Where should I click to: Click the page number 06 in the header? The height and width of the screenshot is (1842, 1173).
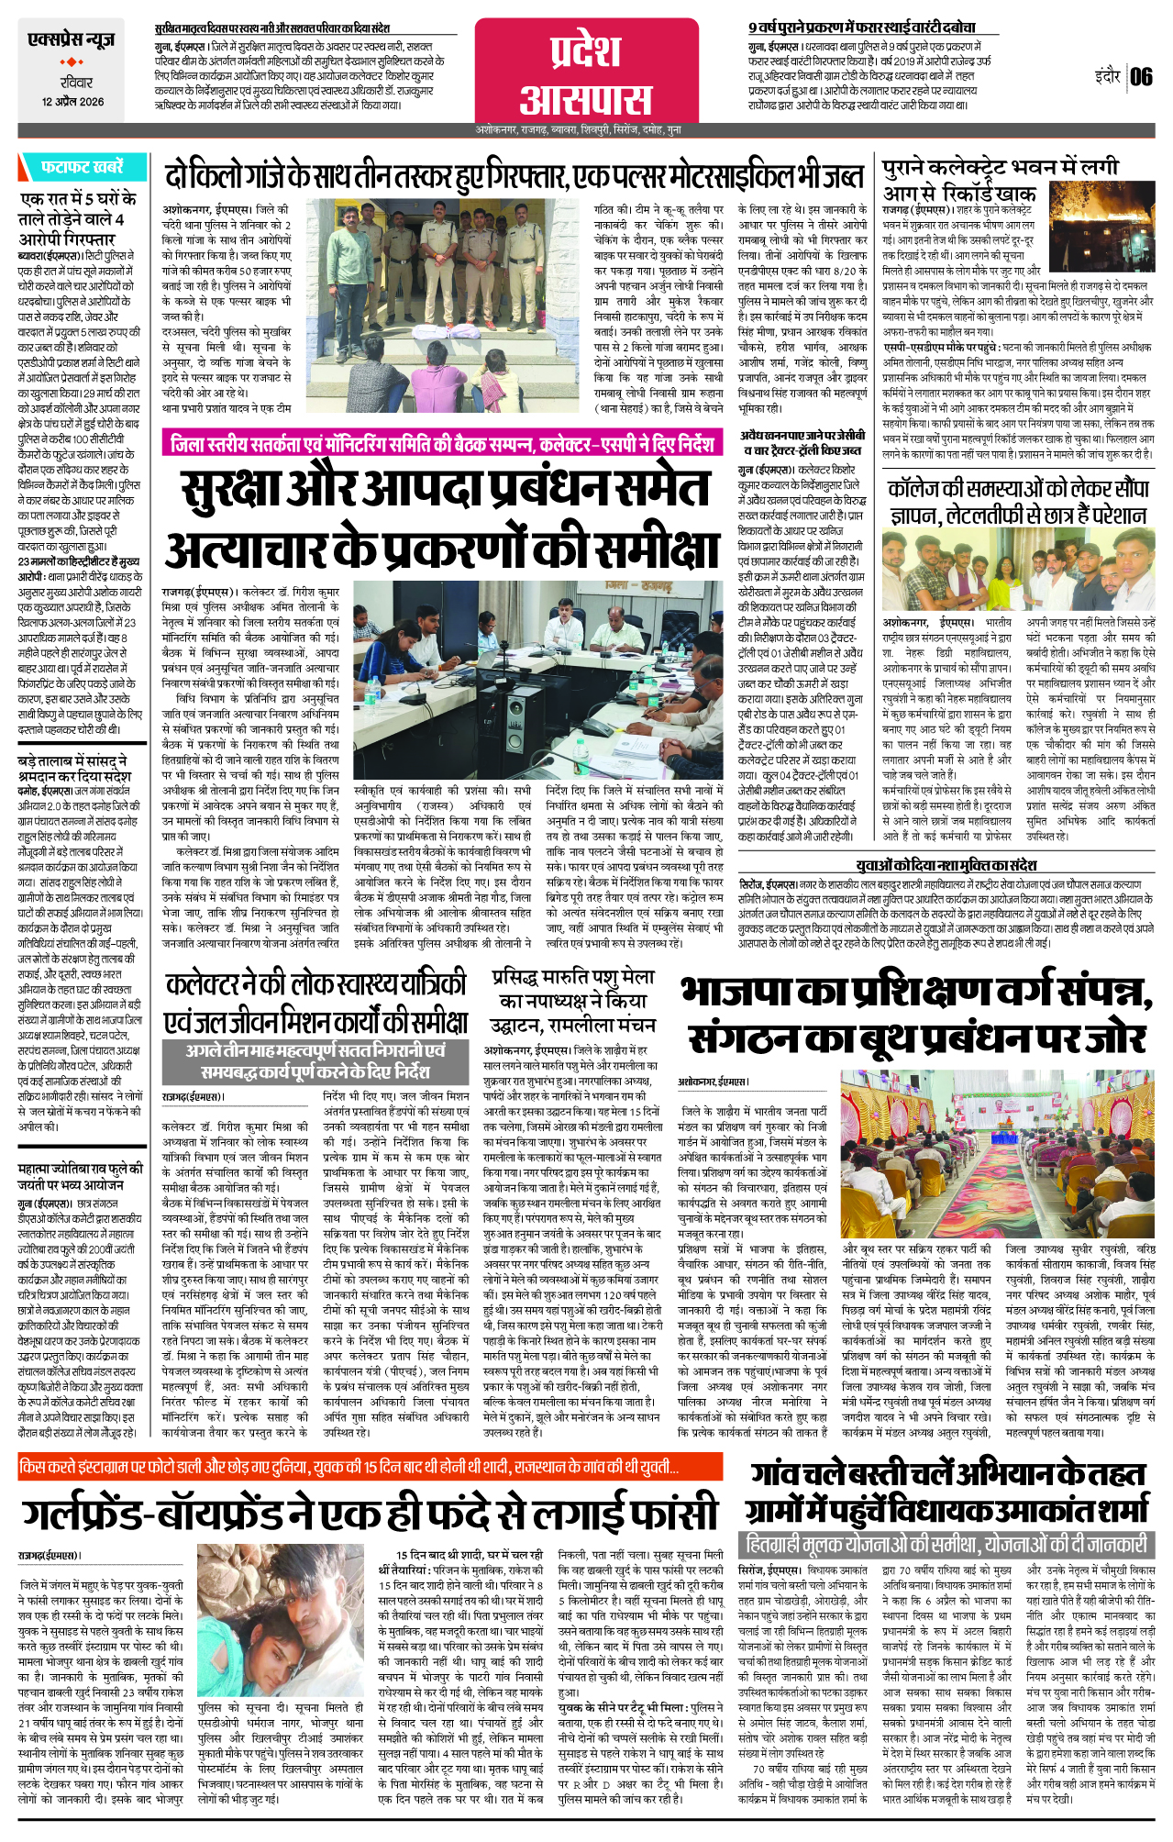tap(1141, 77)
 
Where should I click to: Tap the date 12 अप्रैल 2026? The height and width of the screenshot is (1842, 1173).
tap(72, 102)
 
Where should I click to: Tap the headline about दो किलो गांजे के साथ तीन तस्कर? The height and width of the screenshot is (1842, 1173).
tap(514, 175)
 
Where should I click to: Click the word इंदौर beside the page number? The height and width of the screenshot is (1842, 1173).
tap(1107, 76)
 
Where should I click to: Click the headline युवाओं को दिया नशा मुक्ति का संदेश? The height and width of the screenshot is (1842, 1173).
tap(946, 865)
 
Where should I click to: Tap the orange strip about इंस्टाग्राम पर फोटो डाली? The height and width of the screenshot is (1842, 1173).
tap(349, 1468)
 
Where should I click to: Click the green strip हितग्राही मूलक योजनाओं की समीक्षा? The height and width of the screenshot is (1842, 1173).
tap(945, 1544)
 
